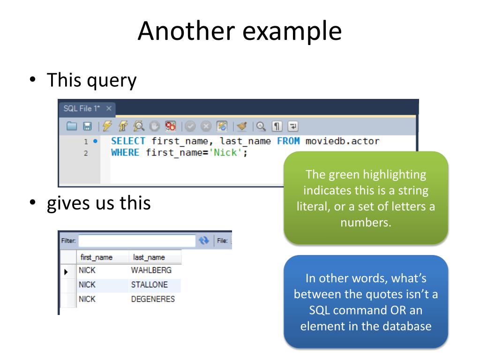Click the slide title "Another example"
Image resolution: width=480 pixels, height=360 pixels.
pyautogui.click(x=240, y=31)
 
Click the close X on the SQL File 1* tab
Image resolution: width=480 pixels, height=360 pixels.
pyautogui.click(x=109, y=108)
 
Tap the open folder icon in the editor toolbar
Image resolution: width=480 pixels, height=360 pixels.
pyautogui.click(x=71, y=126)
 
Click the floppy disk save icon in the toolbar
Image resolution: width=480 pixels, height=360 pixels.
pyautogui.click(x=87, y=126)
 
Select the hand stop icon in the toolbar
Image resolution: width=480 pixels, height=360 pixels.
pyautogui.click(x=155, y=126)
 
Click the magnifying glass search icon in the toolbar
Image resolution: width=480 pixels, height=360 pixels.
pyautogui.click(x=261, y=126)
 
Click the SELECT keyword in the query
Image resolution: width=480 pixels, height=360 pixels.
pyautogui.click(x=128, y=141)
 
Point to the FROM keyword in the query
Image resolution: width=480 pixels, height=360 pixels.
pyautogui.click(x=288, y=141)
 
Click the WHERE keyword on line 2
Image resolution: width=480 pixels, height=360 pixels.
pyautogui.click(x=125, y=152)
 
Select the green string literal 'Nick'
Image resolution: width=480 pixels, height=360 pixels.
pyautogui.click(x=226, y=152)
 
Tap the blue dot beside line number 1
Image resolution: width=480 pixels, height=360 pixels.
pyautogui.click(x=96, y=141)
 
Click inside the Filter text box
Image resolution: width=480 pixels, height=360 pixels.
pyautogui.click(x=136, y=240)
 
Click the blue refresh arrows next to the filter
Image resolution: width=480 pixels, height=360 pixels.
pyautogui.click(x=203, y=240)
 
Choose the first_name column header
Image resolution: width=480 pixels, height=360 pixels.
pyautogui.click(x=97, y=257)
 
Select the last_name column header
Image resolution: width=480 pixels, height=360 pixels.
pyautogui.click(x=149, y=257)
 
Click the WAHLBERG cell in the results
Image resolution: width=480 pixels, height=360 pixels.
pyautogui.click(x=151, y=270)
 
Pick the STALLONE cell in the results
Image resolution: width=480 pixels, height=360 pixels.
pyautogui.click(x=149, y=285)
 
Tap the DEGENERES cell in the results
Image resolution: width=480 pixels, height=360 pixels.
pyautogui.click(x=153, y=299)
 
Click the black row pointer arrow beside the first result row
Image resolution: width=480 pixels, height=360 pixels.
pyautogui.click(x=66, y=271)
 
